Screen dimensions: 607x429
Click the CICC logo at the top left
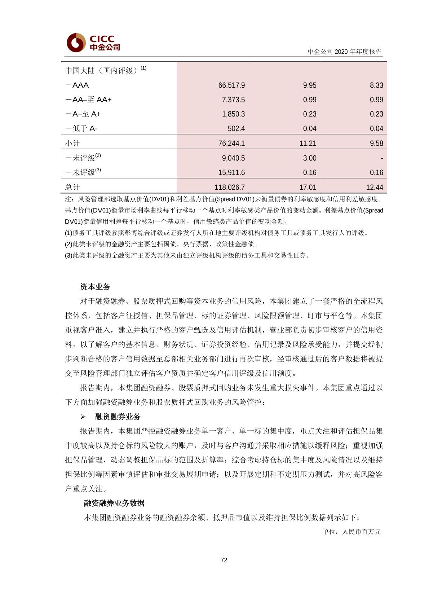pos(93,43)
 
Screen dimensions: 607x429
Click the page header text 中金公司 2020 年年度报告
pos(344,52)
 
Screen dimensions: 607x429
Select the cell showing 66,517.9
pos(231,85)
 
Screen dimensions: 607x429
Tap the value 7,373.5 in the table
pos(233,100)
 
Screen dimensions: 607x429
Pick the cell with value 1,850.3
pos(233,114)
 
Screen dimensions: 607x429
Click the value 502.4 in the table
pos(236,129)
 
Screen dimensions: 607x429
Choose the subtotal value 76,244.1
pos(231,144)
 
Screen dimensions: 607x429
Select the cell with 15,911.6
pos(231,173)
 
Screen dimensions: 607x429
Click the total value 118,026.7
pos(230,188)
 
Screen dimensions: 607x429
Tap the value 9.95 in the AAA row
pos(310,85)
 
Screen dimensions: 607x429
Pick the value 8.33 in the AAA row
pos(376,85)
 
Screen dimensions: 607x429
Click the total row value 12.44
pos(375,188)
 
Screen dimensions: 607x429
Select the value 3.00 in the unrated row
pos(310,158)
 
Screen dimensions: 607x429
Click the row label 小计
pos(72,144)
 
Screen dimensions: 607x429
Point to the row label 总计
pos(72,188)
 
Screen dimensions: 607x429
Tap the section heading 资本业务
pos(95,287)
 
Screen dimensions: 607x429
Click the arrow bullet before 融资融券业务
pos(83,417)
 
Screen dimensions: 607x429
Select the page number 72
pos(224,560)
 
